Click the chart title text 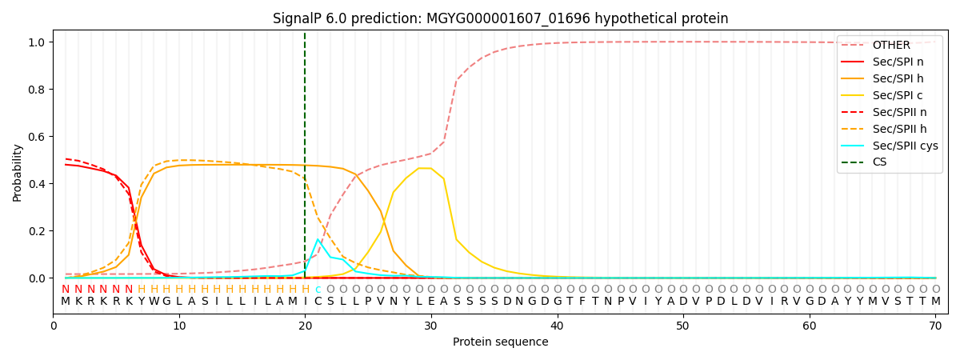click(x=500, y=18)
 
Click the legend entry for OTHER click(x=891, y=46)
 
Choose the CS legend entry click(x=879, y=162)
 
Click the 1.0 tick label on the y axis click(x=38, y=42)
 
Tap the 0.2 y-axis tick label click(x=38, y=231)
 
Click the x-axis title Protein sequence click(x=500, y=342)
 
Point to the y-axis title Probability click(x=18, y=173)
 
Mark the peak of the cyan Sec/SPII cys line click(x=318, y=239)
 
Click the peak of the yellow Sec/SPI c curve click(x=425, y=168)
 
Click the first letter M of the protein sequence click(x=66, y=302)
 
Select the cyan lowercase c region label click(x=318, y=290)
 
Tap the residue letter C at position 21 click(x=318, y=302)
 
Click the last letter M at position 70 click(x=935, y=302)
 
